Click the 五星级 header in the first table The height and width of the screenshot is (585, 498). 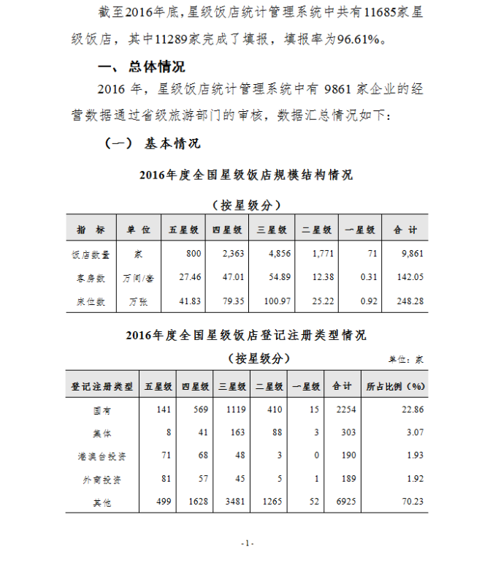click(184, 230)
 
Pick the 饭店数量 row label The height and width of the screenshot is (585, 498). click(91, 254)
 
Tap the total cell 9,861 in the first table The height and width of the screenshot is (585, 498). click(412, 254)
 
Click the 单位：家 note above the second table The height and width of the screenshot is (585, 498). click(406, 359)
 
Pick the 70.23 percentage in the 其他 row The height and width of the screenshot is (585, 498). click(412, 503)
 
